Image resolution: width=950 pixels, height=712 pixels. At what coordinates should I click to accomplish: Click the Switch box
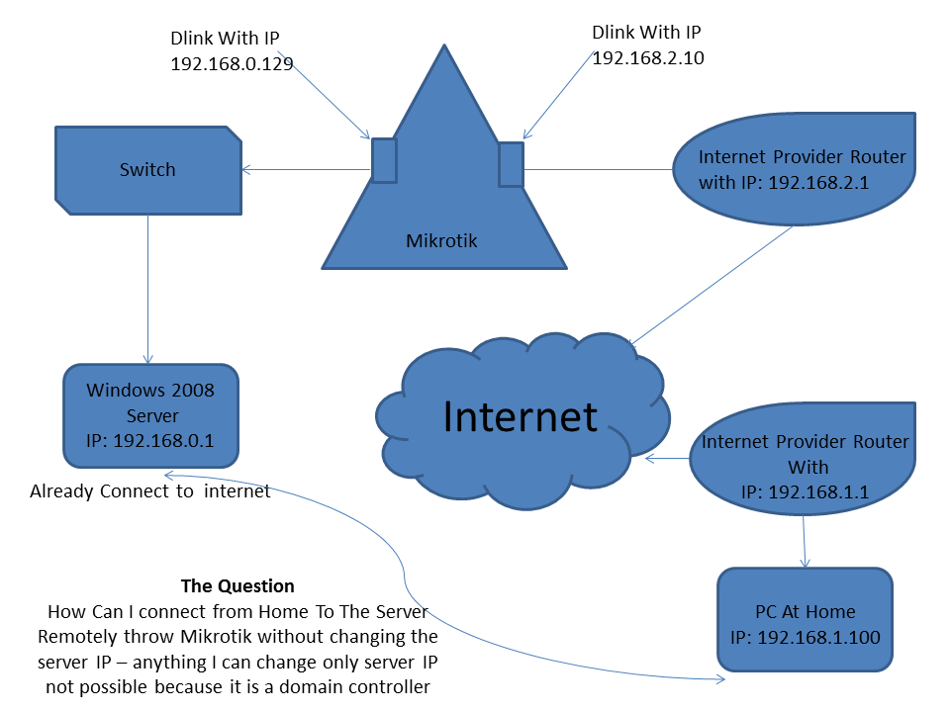(147, 169)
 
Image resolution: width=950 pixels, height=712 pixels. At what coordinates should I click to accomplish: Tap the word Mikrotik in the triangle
(441, 240)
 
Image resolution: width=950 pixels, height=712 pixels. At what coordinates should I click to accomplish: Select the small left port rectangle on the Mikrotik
(384, 160)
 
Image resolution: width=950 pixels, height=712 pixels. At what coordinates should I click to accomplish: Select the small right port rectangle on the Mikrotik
(511, 164)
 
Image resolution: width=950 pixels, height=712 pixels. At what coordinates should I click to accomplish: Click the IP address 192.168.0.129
(233, 62)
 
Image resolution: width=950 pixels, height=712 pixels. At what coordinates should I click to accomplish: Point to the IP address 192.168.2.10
(648, 57)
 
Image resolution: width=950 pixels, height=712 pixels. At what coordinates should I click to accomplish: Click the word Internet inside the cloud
(521, 416)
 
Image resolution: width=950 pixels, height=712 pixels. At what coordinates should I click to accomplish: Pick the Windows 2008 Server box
(151, 415)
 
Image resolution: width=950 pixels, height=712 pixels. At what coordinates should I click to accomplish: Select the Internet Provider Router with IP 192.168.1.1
(805, 454)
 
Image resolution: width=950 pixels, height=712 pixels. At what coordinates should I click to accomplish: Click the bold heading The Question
(237, 586)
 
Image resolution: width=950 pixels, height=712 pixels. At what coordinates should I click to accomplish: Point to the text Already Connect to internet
(149, 490)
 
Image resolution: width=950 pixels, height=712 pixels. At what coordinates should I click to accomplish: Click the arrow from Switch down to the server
(148, 287)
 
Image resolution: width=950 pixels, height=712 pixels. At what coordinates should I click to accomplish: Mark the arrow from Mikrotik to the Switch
(307, 170)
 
